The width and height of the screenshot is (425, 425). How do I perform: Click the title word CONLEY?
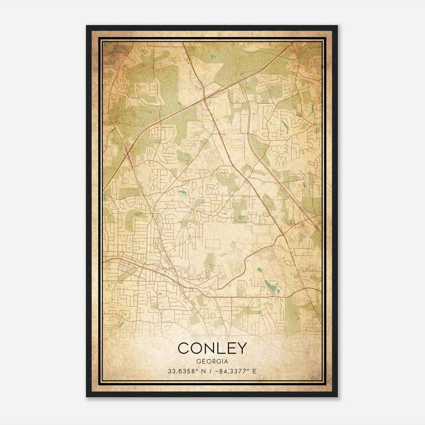click(212, 348)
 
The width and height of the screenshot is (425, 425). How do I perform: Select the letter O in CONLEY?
click(197, 348)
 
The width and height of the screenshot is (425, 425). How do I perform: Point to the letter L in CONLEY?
click(220, 348)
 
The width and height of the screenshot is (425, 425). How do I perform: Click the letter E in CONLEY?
click(230, 348)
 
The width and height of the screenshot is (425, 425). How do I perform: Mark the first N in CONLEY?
click(209, 348)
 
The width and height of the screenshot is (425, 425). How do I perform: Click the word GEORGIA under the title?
click(212, 362)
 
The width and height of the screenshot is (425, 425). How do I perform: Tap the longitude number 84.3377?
click(233, 371)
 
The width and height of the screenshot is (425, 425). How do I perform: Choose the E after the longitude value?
click(254, 371)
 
